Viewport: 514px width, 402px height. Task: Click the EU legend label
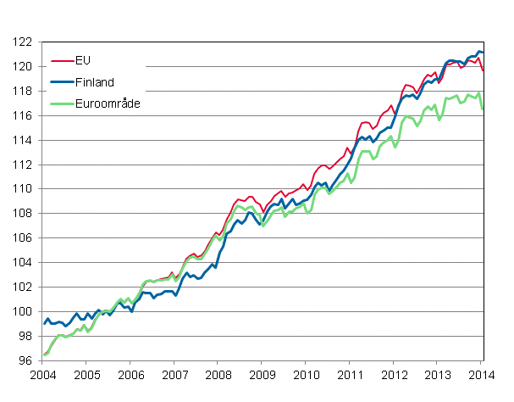[83, 61]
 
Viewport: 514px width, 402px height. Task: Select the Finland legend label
[95, 82]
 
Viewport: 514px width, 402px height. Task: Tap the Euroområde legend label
[107, 103]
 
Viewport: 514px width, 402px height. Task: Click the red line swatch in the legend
[62, 61]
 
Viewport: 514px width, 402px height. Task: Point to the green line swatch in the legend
[62, 103]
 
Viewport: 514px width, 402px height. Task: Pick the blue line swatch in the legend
[62, 82]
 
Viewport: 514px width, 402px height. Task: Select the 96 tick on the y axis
[25, 361]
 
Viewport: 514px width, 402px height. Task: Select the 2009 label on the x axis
[263, 376]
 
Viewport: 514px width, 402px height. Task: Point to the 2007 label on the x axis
[174, 376]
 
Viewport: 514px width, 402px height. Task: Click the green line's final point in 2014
[484, 109]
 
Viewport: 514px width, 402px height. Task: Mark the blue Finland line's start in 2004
[44, 323]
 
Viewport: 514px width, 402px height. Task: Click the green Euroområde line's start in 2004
[44, 355]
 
